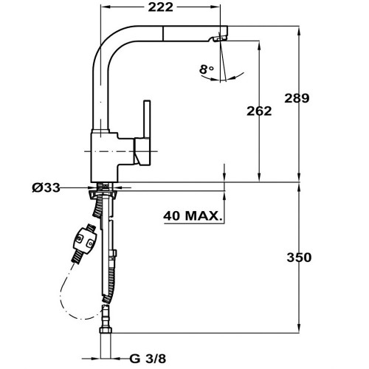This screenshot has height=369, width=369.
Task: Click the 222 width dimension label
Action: (160, 7)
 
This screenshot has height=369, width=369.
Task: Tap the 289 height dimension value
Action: (297, 98)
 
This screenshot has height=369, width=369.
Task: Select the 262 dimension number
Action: (259, 111)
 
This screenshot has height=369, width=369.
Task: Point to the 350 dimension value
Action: (299, 258)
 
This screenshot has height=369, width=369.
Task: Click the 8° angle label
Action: (207, 69)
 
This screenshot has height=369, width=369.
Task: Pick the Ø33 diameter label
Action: (46, 188)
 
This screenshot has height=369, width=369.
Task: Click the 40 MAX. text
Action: (193, 215)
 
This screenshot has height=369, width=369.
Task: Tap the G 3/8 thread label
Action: (148, 359)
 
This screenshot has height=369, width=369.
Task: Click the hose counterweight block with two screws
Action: (85, 239)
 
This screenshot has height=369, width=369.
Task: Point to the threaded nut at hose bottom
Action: (106, 330)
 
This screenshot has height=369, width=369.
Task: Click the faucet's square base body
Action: (105, 157)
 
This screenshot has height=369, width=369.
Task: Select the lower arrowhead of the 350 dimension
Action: (299, 329)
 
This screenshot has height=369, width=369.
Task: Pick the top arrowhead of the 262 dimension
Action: (259, 45)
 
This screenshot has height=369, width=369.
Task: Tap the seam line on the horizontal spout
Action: (162, 32)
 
